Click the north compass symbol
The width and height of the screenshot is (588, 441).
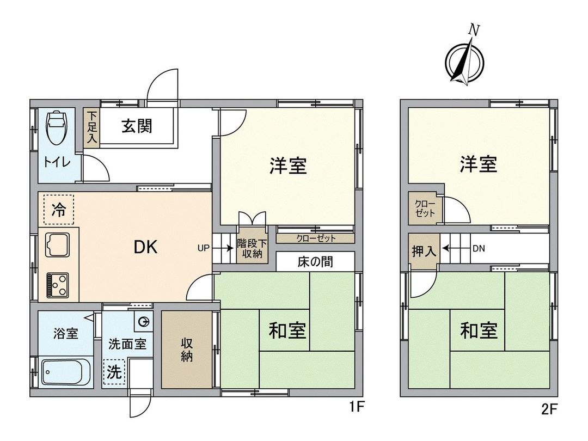[x=464, y=60]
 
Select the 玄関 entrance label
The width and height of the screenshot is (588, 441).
[x=136, y=126]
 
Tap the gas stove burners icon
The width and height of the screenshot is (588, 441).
[x=58, y=284]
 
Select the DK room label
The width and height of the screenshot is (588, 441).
[x=145, y=248]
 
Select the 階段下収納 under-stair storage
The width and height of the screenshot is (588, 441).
[x=252, y=248]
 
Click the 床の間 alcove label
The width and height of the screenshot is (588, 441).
[x=315, y=262]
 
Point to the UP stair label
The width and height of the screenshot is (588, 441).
[x=203, y=248]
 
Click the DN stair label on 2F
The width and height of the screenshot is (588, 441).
[x=479, y=249]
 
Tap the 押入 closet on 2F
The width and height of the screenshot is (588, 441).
[x=424, y=251]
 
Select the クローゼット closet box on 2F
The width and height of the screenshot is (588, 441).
[x=425, y=209]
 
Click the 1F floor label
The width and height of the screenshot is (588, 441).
[x=356, y=406]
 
